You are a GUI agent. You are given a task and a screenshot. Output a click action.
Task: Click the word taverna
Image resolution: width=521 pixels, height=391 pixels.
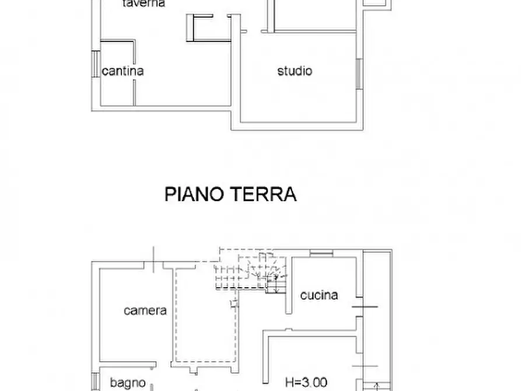144,4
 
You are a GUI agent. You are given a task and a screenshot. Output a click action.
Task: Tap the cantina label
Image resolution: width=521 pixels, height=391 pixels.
123,71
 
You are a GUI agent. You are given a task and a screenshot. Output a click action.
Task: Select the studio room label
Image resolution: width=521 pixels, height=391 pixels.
295,71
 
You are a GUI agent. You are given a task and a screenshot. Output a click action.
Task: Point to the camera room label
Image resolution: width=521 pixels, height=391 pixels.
145,310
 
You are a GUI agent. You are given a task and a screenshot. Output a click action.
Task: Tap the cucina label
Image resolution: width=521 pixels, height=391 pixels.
319,295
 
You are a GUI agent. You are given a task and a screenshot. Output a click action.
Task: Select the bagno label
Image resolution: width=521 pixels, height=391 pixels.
128,383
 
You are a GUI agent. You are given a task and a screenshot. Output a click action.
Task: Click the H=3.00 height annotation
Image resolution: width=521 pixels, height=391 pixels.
306,383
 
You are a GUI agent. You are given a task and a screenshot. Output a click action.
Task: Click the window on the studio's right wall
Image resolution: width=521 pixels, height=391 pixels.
359,73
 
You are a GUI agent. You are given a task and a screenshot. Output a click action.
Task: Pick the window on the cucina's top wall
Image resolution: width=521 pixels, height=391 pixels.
321,253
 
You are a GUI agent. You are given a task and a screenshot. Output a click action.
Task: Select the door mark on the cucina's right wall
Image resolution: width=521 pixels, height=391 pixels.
365,306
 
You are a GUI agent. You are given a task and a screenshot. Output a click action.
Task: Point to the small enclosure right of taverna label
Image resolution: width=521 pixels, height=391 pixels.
201,27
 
